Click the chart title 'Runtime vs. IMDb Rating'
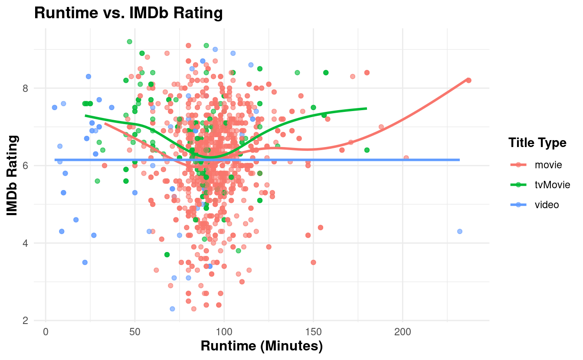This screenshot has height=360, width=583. point(128,13)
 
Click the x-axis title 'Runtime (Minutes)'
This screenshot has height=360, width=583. point(262,347)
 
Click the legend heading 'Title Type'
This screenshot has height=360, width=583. point(537,143)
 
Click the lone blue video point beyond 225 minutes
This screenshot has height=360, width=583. point(459,231)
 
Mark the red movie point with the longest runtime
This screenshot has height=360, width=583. point(468,80)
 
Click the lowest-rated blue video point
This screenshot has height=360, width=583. point(172,309)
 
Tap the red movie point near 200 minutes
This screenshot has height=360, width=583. point(406,157)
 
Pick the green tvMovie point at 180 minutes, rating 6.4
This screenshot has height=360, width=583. point(367,150)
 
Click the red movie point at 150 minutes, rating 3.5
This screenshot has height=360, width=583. point(313,262)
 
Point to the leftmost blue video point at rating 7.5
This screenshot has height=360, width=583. point(54,108)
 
